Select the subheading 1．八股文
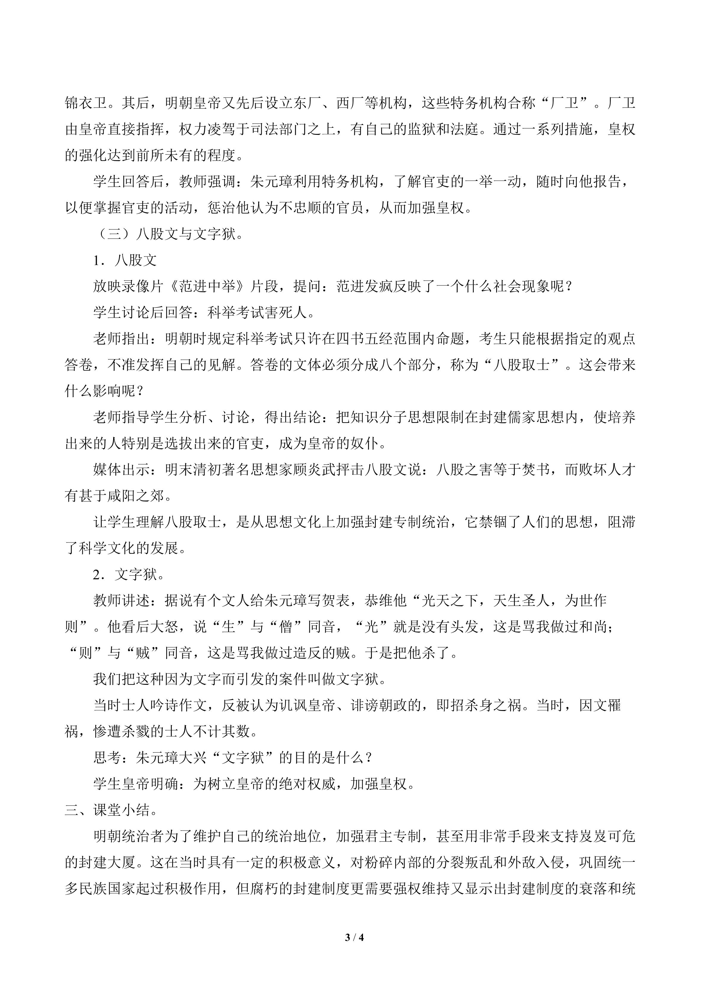pos(125,260)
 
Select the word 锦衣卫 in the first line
pos(86,104)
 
